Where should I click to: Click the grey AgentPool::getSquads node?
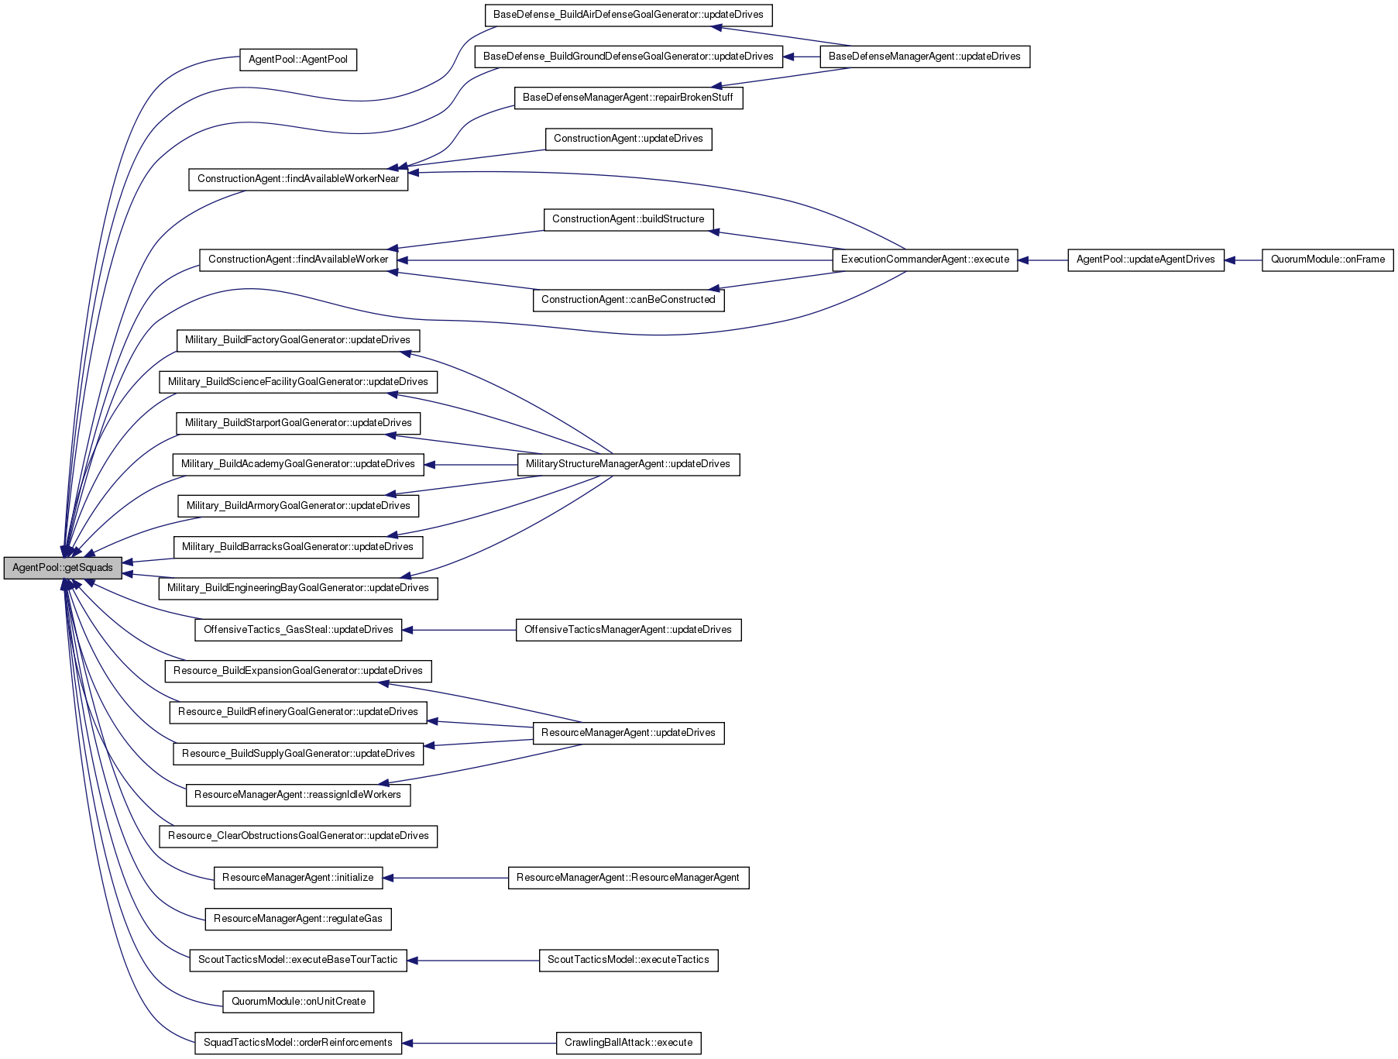click(x=63, y=568)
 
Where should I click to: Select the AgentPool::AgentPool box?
click(x=298, y=60)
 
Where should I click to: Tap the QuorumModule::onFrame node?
click(x=1328, y=260)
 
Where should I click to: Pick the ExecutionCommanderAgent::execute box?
click(x=925, y=260)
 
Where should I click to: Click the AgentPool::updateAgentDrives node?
click(x=1146, y=260)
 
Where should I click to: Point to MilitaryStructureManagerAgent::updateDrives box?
click(x=628, y=464)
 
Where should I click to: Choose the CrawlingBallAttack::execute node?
click(x=629, y=1043)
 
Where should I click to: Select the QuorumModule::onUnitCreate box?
click(x=298, y=1002)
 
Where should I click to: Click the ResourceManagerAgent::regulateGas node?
click(x=298, y=919)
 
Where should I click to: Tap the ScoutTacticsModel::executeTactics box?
click(x=628, y=960)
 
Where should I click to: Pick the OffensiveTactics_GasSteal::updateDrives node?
click(x=298, y=630)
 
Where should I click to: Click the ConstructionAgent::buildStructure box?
click(x=628, y=219)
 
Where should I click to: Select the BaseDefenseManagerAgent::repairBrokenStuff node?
click(x=628, y=98)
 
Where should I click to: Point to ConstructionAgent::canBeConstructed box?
click(x=628, y=300)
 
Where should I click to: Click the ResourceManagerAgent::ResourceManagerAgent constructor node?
click(x=628, y=878)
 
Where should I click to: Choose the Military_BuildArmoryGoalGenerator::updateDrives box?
click(x=298, y=506)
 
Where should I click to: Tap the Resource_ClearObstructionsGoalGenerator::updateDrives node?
click(x=298, y=836)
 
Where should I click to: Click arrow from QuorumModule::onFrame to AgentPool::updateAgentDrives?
click(x=1243, y=260)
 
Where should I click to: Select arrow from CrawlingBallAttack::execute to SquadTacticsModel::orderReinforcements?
click(x=479, y=1043)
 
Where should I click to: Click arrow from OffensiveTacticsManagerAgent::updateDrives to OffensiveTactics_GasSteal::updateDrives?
click(x=459, y=630)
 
